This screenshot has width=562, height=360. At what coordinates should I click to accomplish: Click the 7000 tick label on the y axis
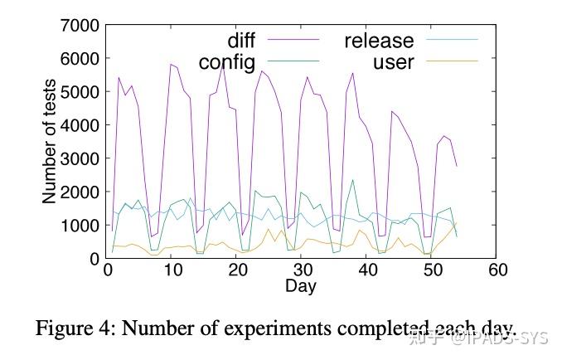coord(80,25)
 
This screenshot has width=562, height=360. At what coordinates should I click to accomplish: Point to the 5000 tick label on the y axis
coord(80,91)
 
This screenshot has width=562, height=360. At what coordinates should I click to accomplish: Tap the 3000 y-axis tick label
coord(80,158)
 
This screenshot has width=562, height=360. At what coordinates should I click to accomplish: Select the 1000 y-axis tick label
coord(80,225)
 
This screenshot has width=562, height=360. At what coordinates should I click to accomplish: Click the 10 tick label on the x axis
coord(172,270)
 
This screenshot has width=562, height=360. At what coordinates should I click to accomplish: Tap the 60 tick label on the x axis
coord(497,270)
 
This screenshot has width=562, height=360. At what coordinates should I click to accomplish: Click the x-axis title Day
coord(301,286)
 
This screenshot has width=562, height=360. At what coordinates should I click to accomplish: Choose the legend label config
coord(226,62)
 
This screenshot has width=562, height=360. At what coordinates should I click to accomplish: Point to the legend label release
coord(378,41)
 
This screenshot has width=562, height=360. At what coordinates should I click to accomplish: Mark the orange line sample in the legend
coord(451,61)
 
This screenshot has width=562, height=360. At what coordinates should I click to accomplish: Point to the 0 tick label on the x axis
coord(107,270)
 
